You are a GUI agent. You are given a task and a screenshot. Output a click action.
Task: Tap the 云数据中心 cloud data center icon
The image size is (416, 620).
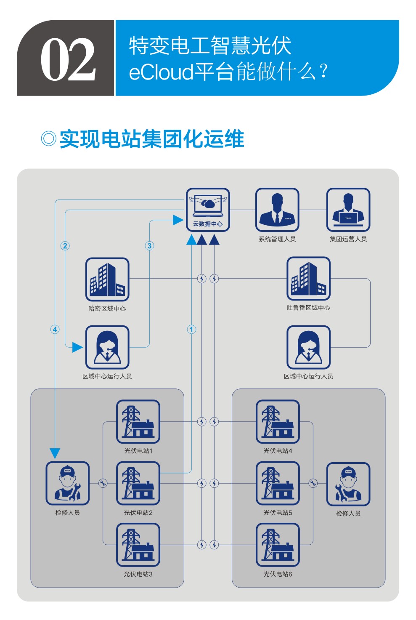tap(208, 209)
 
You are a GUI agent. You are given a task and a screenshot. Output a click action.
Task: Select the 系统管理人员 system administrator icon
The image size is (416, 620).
tap(277, 209)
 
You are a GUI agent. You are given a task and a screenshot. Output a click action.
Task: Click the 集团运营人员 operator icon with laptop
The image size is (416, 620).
tap(348, 209)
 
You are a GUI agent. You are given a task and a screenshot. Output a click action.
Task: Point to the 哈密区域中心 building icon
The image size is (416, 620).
tap(107, 279)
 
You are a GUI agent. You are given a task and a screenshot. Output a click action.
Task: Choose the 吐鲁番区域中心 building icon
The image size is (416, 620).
tap(308, 279)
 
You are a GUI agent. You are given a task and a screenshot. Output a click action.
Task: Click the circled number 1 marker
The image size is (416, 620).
tap(191, 329)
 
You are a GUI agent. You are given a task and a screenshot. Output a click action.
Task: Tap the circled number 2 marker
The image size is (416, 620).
tap(65, 246)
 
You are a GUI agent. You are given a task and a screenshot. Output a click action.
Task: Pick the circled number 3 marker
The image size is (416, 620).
tap(149, 246)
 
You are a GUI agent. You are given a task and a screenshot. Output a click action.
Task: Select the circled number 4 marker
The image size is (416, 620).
tap(55, 329)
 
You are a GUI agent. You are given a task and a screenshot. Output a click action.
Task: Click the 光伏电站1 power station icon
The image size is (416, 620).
tap(138, 421)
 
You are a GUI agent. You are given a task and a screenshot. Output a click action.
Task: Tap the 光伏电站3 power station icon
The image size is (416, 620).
tap(138, 545)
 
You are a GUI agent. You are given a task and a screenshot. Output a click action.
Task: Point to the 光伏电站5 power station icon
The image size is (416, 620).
tap(278, 483)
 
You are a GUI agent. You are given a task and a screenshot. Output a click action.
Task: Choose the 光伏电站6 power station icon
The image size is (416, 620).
tap(278, 545)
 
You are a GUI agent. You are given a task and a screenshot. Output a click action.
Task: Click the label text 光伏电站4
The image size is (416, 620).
tap(278, 451)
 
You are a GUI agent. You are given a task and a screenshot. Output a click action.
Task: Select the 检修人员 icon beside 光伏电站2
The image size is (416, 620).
tap(67, 483)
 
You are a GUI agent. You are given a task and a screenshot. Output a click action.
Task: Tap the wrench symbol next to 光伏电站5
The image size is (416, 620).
tap(313, 483)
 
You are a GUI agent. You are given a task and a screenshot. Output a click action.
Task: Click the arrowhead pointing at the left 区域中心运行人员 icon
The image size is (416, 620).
tap(77, 347)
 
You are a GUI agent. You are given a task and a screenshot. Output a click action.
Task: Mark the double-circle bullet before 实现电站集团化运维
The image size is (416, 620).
tap(49, 138)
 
